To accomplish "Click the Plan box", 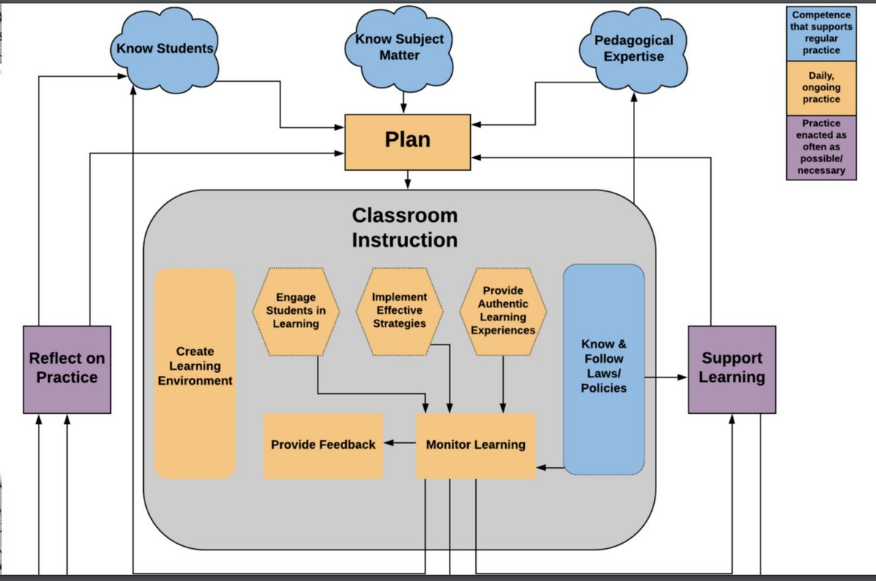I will click(x=407, y=142).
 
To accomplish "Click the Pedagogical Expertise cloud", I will click(x=633, y=49).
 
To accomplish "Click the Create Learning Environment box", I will click(x=195, y=372).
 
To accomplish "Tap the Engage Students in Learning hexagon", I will click(x=296, y=311).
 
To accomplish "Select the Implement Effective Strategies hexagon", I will click(x=399, y=311).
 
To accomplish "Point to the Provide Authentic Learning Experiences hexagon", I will click(x=503, y=311).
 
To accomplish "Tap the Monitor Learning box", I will click(x=475, y=445).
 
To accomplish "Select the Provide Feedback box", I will click(x=323, y=445).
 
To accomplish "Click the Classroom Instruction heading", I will click(x=404, y=228).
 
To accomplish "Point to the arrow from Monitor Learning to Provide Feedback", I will click(x=399, y=443).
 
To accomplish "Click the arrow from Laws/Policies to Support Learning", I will click(x=666, y=377).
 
